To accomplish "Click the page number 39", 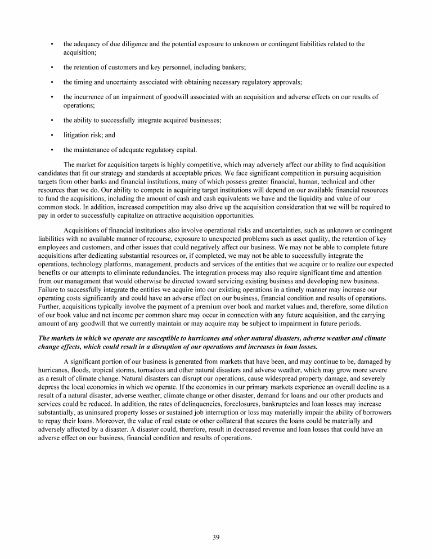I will tap(216, 537).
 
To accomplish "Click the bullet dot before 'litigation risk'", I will tap(52, 135).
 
